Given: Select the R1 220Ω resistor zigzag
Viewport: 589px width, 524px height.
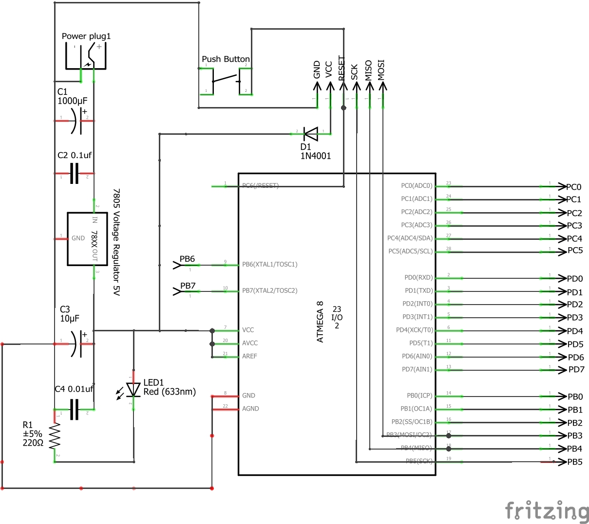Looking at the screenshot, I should [55, 436].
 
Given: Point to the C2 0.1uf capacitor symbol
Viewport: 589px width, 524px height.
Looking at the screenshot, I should [74, 174].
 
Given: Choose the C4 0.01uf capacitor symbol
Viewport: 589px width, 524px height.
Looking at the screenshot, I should [74, 409].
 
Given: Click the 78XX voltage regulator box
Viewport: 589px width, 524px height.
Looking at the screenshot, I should [87, 238].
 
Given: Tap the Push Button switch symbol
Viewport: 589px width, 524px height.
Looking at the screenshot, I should [226, 79].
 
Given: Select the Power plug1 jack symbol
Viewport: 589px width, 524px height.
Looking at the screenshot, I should [86, 57].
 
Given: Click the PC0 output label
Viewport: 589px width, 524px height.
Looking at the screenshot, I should [573, 187].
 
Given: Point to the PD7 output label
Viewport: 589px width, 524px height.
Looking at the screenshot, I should [576, 370].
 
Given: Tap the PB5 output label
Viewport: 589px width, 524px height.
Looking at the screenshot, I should [575, 462].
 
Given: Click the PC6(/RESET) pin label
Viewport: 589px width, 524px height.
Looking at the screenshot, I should [260, 186].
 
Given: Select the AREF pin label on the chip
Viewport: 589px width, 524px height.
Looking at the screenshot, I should [249, 356].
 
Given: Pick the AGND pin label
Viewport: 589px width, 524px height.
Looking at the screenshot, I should [250, 409].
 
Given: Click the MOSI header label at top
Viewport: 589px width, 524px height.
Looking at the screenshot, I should [381, 70].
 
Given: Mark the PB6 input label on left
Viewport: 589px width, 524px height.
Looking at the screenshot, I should [187, 259].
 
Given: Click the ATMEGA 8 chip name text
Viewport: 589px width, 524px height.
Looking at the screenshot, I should [320, 322].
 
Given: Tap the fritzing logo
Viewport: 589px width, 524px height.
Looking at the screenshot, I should [547, 511].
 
